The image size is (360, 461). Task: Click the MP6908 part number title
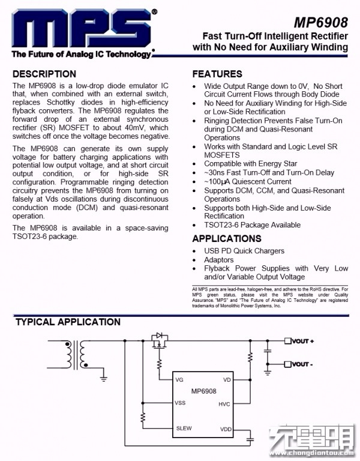pyautogui.click(x=320, y=23)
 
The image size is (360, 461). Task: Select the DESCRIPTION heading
pyautogui.click(x=44, y=74)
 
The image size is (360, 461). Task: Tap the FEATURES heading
pyautogui.click(x=217, y=74)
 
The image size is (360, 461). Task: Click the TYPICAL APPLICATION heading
pyautogui.click(x=68, y=322)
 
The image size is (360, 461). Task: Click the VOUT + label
pyautogui.click(x=303, y=341)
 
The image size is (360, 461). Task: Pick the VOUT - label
pyautogui.click(x=302, y=364)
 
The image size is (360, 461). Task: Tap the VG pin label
pyautogui.click(x=179, y=380)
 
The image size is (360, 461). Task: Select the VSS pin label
pyautogui.click(x=180, y=403)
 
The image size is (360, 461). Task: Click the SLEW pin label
pyautogui.click(x=184, y=429)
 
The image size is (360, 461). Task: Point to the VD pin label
pyautogui.click(x=227, y=380)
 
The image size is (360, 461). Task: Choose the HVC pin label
pyautogui.click(x=224, y=404)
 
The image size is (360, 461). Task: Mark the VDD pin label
pyautogui.click(x=226, y=429)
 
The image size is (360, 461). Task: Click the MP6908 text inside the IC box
pyautogui.click(x=204, y=391)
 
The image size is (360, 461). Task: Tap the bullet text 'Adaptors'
pyautogui.click(x=219, y=260)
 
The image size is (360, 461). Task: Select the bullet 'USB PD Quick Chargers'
pyautogui.click(x=244, y=251)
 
